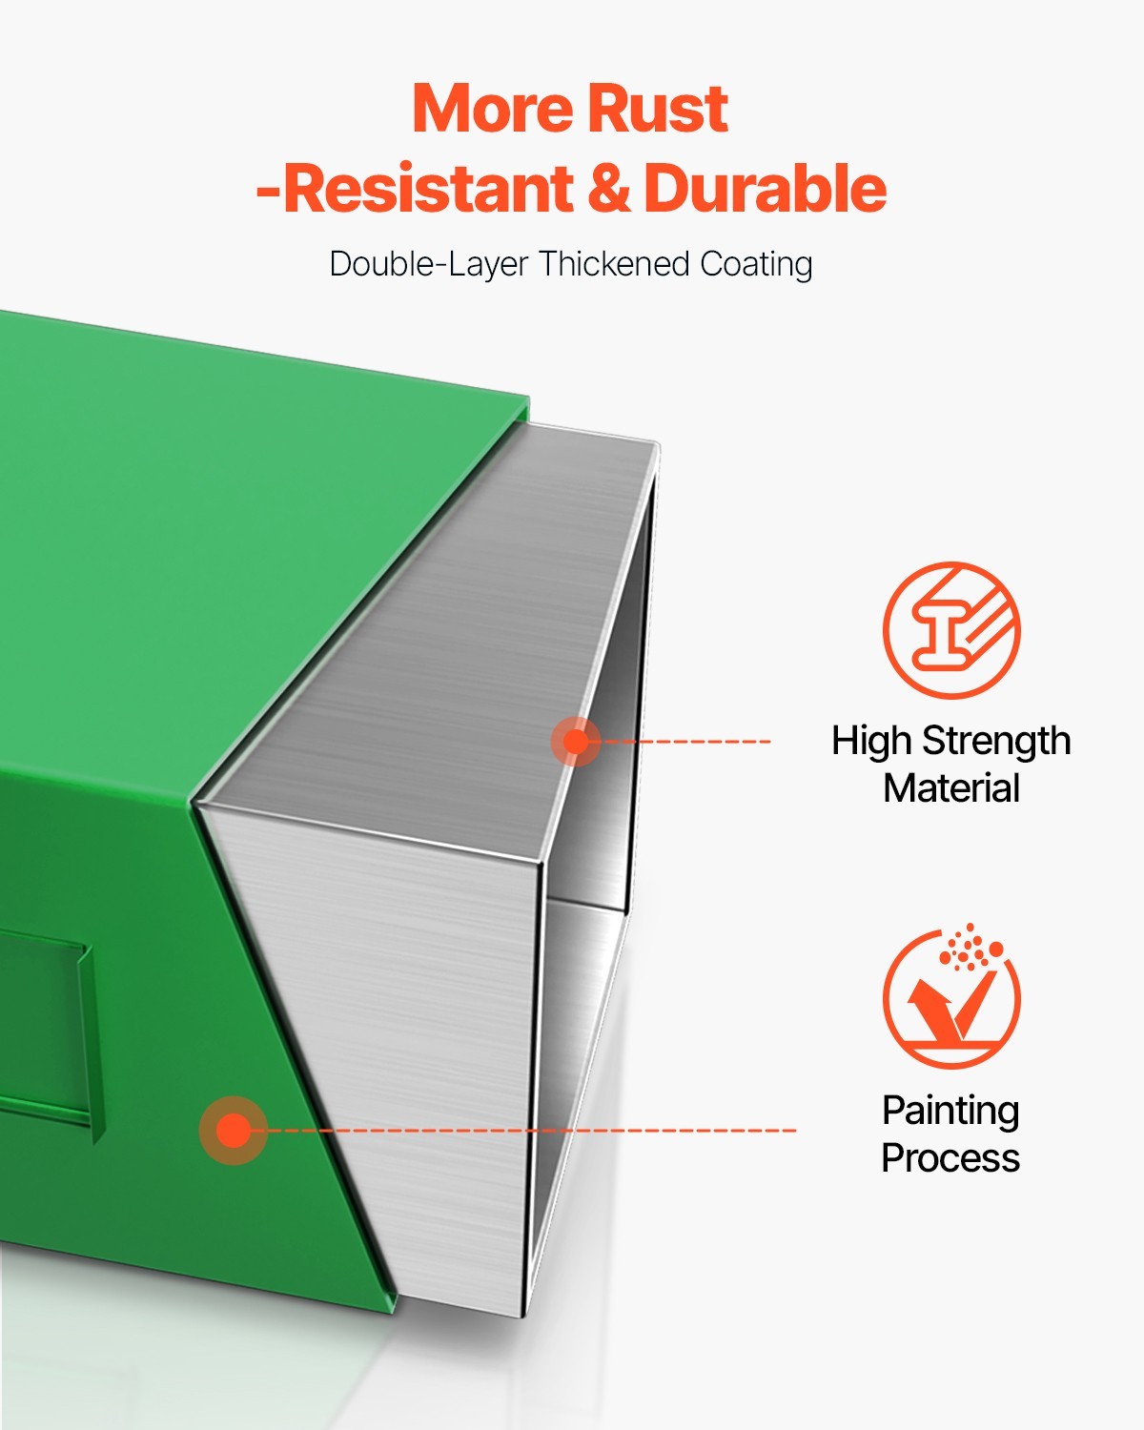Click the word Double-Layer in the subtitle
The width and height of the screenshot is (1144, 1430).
point(429,265)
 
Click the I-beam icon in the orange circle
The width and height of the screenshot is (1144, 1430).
point(951,630)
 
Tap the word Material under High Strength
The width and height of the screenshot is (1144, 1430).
point(951,788)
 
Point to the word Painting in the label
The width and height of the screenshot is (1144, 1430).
point(950,1112)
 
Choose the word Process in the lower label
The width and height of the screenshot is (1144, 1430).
point(950,1158)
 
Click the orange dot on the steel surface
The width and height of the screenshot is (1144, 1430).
point(576,741)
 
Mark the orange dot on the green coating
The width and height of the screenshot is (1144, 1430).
point(234,1131)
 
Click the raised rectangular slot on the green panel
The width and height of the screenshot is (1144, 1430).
point(47,1034)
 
